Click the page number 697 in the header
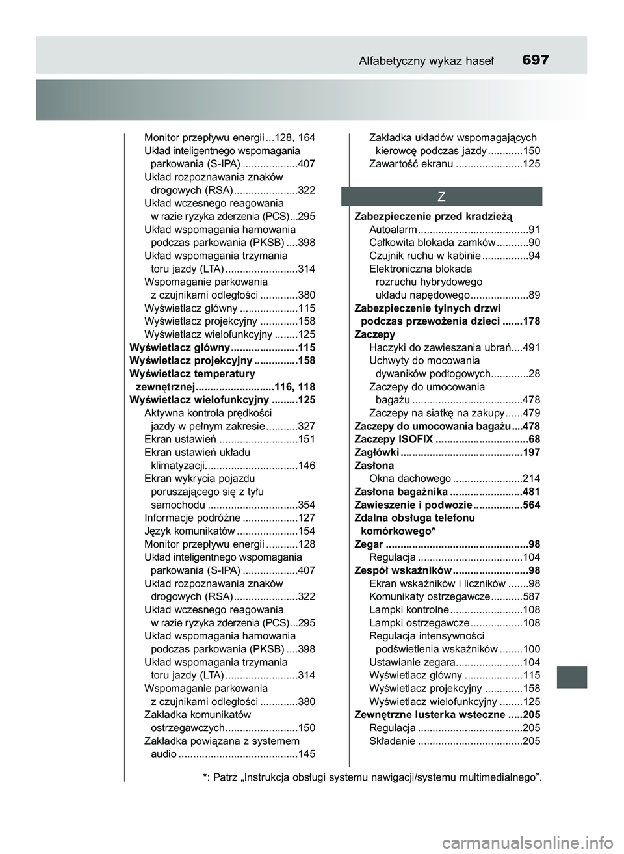[x=535, y=60]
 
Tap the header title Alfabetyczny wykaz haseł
[x=426, y=61]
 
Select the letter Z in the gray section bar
[x=441, y=196]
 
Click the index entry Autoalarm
[x=393, y=230]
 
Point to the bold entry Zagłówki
[x=376, y=453]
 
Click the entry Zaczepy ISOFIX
[x=393, y=440]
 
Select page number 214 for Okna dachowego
[x=531, y=479]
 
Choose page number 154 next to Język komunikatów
[x=306, y=531]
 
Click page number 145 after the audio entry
[x=306, y=754]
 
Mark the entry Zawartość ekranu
[x=411, y=164]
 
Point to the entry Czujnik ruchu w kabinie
[x=424, y=256]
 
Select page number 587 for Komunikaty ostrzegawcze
[x=531, y=597]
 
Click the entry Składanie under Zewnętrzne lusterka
[x=392, y=741]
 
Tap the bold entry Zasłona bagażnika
[x=400, y=492]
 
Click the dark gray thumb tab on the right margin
[x=571, y=677]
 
